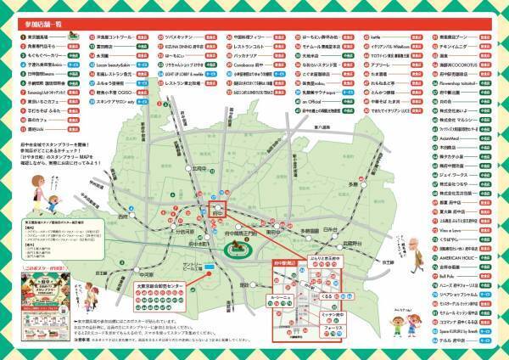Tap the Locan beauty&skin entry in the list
tap(114, 63)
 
